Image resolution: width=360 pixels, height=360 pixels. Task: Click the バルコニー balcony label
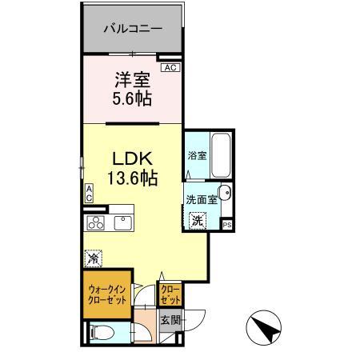click(133, 28)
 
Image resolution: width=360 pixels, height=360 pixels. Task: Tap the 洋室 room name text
click(132, 80)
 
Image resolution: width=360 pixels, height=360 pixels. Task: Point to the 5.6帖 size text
click(132, 100)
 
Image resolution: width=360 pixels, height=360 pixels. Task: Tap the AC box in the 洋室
click(170, 68)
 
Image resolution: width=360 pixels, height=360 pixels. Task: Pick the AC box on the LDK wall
click(90, 193)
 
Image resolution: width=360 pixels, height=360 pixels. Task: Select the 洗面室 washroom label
click(201, 200)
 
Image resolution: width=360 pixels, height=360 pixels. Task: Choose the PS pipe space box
click(227, 225)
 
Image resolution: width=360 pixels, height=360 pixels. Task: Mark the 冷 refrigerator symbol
click(94, 258)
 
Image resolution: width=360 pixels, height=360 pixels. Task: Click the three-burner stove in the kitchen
click(97, 222)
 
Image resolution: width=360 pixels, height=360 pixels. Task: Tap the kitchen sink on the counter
click(125, 222)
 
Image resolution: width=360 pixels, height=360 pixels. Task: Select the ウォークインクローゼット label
click(106, 295)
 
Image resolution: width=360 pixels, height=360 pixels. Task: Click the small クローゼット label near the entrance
click(170, 294)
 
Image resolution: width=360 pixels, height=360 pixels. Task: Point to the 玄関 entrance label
click(171, 322)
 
